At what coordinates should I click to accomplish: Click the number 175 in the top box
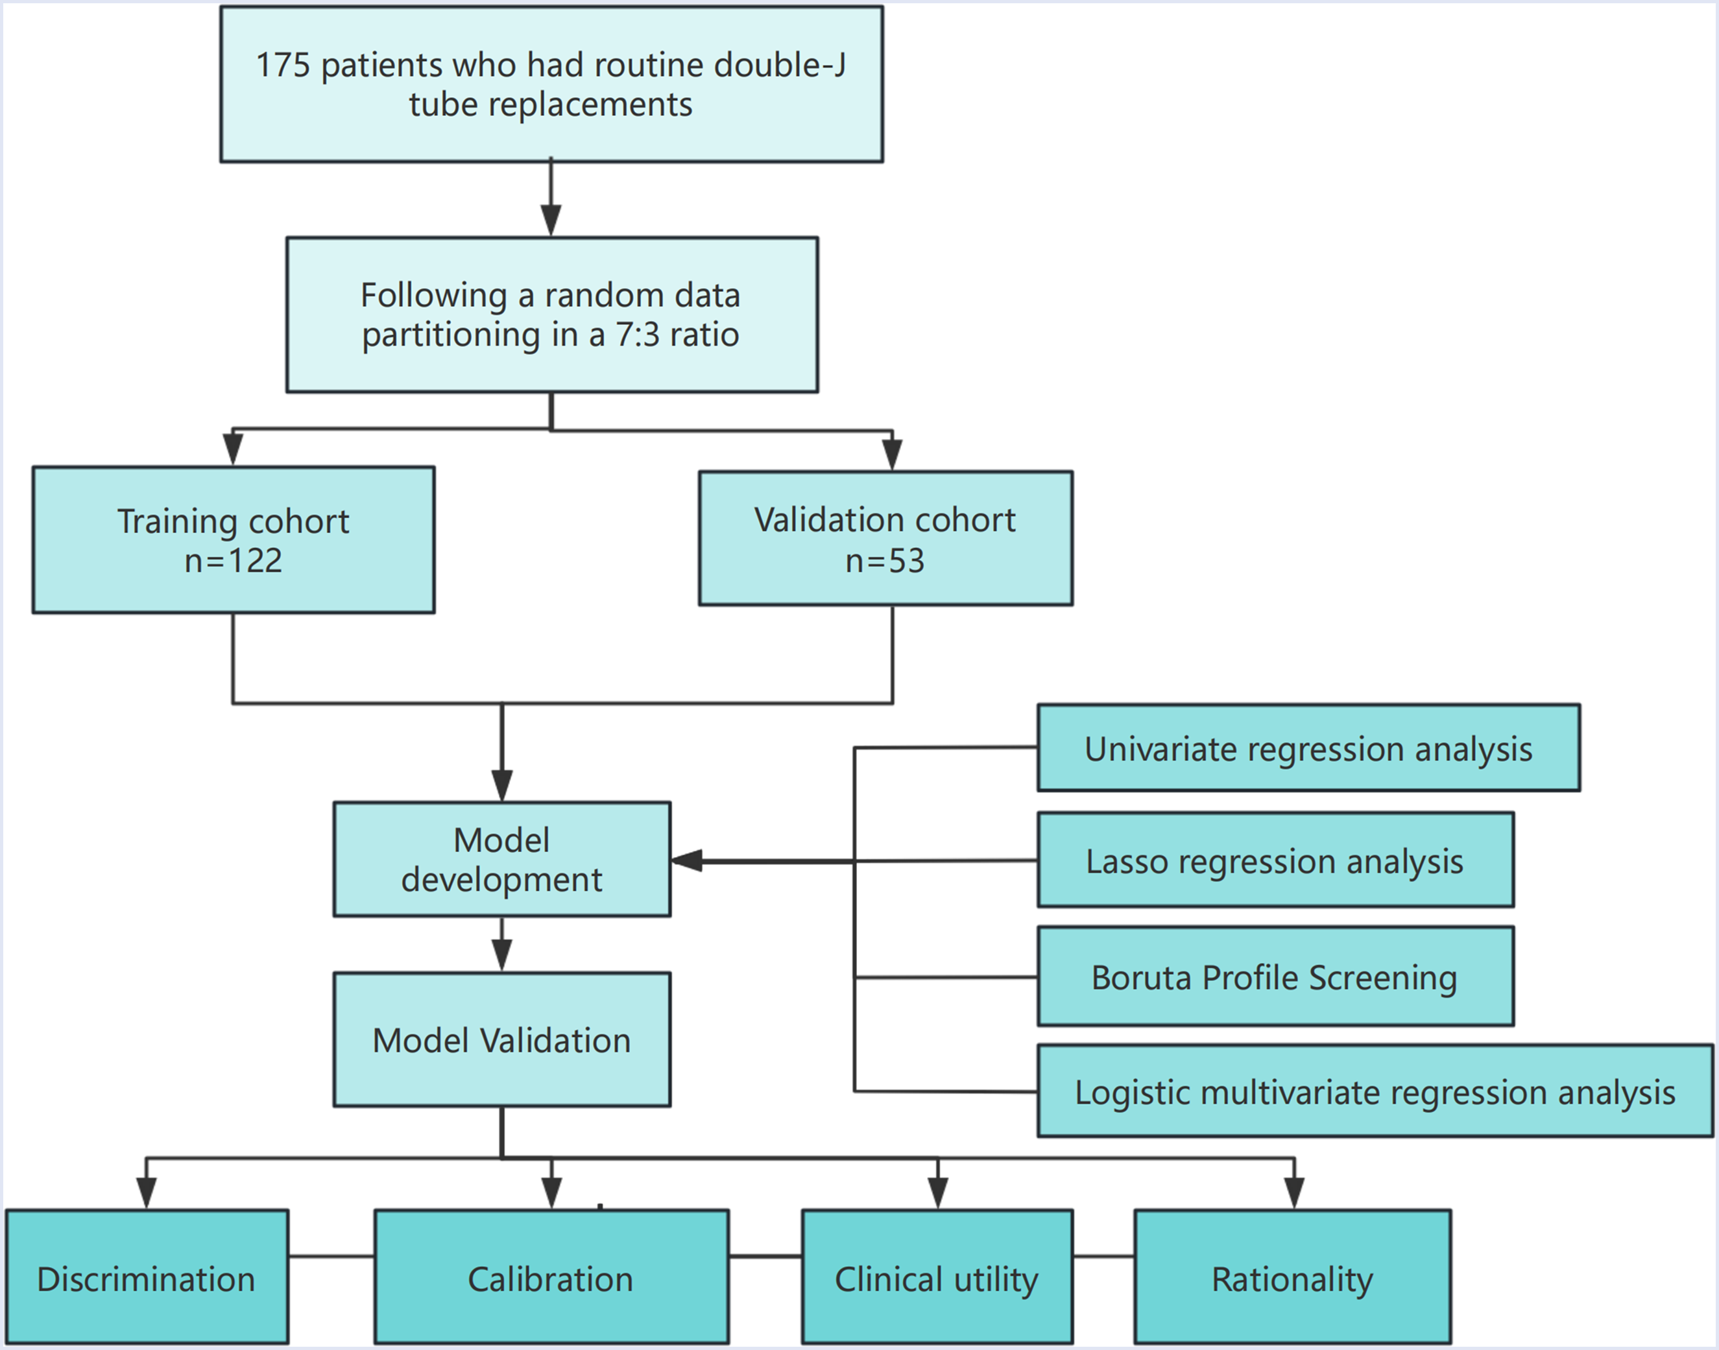point(283,65)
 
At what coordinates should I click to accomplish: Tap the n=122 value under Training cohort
point(234,560)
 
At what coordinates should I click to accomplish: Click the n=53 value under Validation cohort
point(885,560)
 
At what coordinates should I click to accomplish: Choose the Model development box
point(502,859)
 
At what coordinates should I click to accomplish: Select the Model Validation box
point(502,1039)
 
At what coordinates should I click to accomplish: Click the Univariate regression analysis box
point(1308,748)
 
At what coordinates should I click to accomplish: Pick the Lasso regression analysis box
point(1275,860)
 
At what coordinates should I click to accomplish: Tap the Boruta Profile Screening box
point(1275,977)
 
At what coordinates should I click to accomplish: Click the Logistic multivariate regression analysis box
point(1375,1091)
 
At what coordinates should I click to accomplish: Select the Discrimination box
point(147,1278)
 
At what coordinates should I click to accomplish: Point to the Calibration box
point(551,1278)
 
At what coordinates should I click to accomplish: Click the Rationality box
point(1293,1278)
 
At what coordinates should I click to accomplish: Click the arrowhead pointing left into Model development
point(686,860)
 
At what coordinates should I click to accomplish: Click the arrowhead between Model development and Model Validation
point(502,956)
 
